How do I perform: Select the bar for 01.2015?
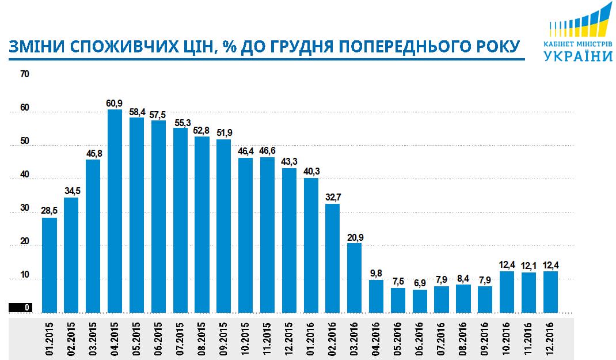[50, 265]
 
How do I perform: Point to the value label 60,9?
[115, 103]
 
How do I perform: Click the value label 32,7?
[333, 197]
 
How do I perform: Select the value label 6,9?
[420, 283]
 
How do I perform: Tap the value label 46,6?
[267, 151]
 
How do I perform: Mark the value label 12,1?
[528, 266]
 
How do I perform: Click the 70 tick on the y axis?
[24, 74]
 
